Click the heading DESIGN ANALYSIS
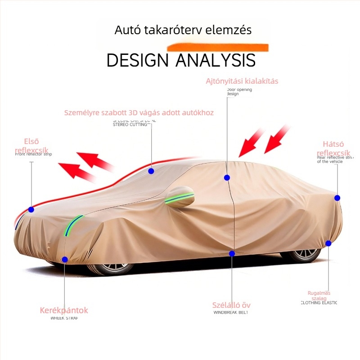point(181,60)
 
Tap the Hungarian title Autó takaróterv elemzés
point(183,30)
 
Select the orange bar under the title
point(218,46)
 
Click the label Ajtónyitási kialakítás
point(242,81)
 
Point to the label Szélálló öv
point(231,305)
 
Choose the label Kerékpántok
point(64,310)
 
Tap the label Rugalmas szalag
point(319,295)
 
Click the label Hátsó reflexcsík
point(333,149)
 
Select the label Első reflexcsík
point(31,146)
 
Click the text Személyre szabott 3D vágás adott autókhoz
point(139,112)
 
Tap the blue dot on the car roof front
point(151,171)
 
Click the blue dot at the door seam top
point(227,177)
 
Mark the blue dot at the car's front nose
point(31,209)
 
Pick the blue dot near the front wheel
point(65,259)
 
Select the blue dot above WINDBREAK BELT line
point(232,253)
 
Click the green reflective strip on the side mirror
point(180,198)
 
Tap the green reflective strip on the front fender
point(73,225)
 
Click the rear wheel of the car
point(301,256)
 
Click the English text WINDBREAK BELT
point(230,312)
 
